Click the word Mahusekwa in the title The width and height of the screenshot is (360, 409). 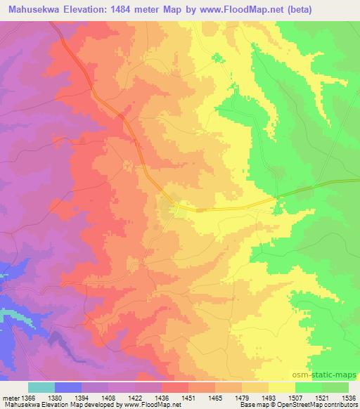click(x=34, y=10)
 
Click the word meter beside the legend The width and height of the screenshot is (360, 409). click(x=8, y=397)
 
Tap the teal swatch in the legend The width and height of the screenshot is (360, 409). click(x=41, y=387)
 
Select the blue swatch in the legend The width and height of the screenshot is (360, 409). click(x=68, y=387)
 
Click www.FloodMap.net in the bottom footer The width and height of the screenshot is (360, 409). click(x=144, y=404)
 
